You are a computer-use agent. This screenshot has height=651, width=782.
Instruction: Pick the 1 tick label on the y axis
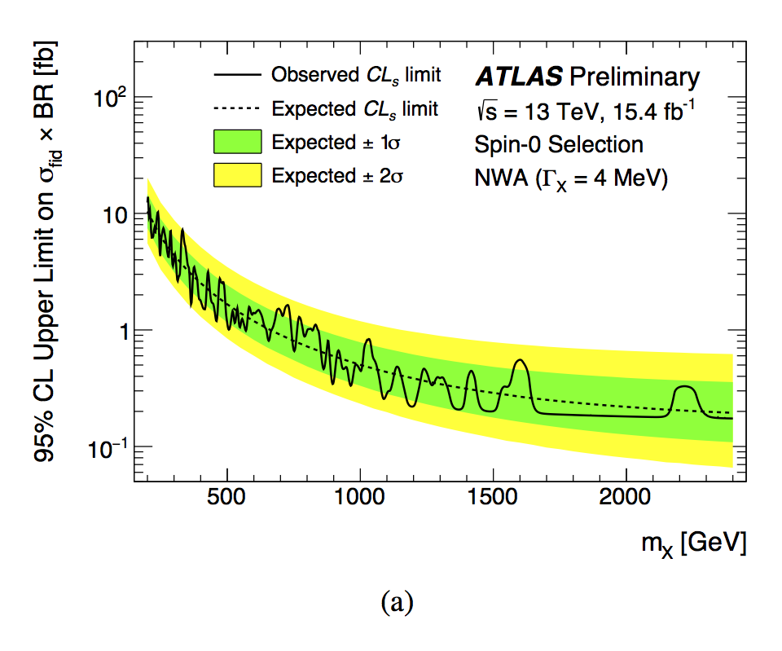coord(117,331)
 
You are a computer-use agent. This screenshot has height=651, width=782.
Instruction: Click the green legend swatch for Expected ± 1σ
coord(238,142)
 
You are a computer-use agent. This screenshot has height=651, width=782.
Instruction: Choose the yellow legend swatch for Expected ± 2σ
coord(238,174)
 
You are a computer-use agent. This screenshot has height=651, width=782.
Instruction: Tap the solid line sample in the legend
coord(238,76)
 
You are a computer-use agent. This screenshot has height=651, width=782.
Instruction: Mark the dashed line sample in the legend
coord(238,108)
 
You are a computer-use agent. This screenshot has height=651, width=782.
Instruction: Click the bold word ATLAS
coord(518,77)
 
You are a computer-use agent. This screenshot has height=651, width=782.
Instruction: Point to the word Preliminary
coord(635,78)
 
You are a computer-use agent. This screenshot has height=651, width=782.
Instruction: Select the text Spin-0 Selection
coord(559,145)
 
